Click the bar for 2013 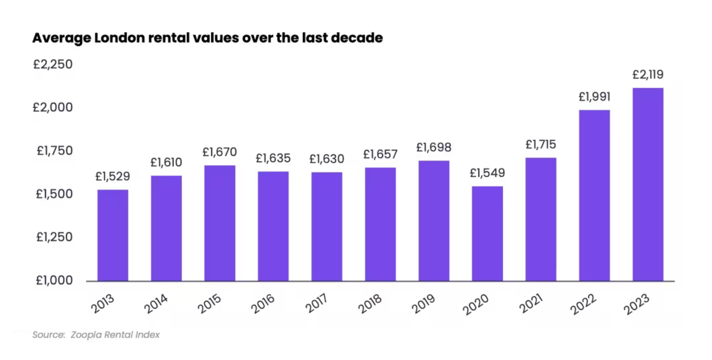click(x=113, y=235)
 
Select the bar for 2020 click(x=487, y=233)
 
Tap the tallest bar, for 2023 click(x=648, y=185)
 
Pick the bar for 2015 click(x=220, y=223)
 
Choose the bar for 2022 click(x=594, y=195)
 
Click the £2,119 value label click(x=648, y=74)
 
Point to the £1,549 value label click(x=487, y=173)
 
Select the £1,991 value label click(x=594, y=97)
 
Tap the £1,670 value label click(x=220, y=152)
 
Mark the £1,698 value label click(x=434, y=147)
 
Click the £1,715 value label click(x=541, y=145)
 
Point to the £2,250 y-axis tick click(x=53, y=64)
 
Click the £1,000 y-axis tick click(x=53, y=280)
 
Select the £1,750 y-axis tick click(x=53, y=151)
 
